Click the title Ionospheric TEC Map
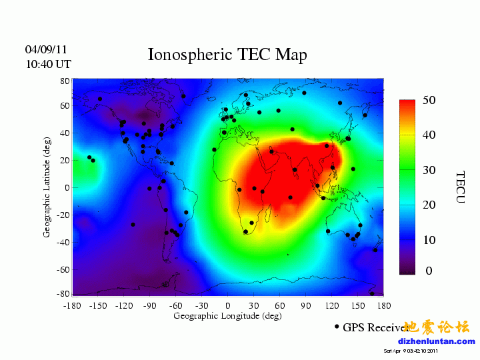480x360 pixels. tap(227, 55)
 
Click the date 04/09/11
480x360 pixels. tap(46, 50)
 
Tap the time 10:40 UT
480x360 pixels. tap(48, 64)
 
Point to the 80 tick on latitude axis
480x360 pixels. tap(65, 81)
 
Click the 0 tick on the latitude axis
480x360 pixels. tap(67, 187)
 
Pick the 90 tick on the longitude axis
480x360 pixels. tap(305, 306)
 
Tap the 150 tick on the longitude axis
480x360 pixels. tap(358, 306)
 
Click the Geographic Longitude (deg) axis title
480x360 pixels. tap(227, 316)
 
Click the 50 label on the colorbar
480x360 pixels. tap(429, 100)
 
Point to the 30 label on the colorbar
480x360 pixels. tap(429, 170)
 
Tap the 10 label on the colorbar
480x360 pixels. tap(429, 239)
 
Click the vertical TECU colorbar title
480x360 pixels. tap(461, 187)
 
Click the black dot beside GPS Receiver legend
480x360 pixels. tap(337, 327)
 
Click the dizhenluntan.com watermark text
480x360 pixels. tap(436, 341)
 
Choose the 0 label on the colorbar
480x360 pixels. tap(429, 271)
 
